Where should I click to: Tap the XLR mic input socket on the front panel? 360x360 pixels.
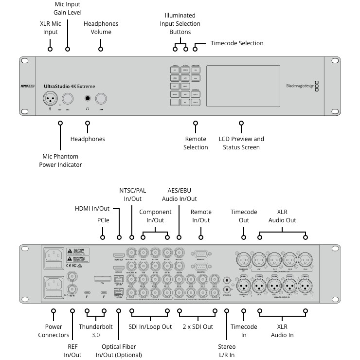50,99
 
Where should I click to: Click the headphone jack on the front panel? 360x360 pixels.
88,99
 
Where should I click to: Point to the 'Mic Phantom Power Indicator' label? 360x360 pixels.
60,161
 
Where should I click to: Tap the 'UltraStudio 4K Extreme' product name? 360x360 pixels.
69,87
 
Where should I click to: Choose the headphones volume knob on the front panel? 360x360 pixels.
101,99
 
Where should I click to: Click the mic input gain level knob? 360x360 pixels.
68,99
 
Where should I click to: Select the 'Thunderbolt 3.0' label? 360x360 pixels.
95,331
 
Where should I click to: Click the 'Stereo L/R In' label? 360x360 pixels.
227,350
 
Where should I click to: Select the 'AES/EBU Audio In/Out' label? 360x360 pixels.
180,195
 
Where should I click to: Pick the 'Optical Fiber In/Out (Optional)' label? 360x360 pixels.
119,350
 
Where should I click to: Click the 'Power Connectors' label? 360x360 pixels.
57,331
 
